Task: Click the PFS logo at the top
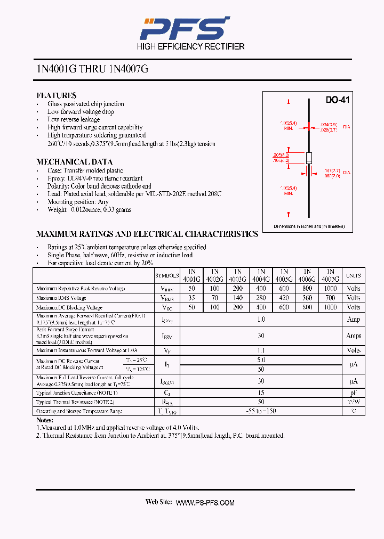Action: (x=184, y=28)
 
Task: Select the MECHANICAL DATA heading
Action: (x=74, y=162)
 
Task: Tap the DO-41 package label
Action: (x=337, y=100)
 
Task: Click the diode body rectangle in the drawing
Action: (x=308, y=158)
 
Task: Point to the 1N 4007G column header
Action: (x=330, y=275)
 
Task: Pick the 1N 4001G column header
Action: (x=191, y=275)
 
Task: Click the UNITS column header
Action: (x=353, y=275)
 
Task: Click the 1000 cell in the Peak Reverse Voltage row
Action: (x=330, y=288)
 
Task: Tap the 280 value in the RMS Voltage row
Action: (x=261, y=298)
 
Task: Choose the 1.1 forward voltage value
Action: (x=261, y=350)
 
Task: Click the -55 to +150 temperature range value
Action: (x=261, y=411)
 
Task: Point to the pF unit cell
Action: (x=353, y=392)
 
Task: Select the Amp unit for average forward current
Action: (x=353, y=320)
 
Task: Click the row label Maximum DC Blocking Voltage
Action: (x=69, y=307)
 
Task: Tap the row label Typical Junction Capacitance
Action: (x=77, y=392)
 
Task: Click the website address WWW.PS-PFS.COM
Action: (x=205, y=503)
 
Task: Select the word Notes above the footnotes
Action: (x=45, y=420)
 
